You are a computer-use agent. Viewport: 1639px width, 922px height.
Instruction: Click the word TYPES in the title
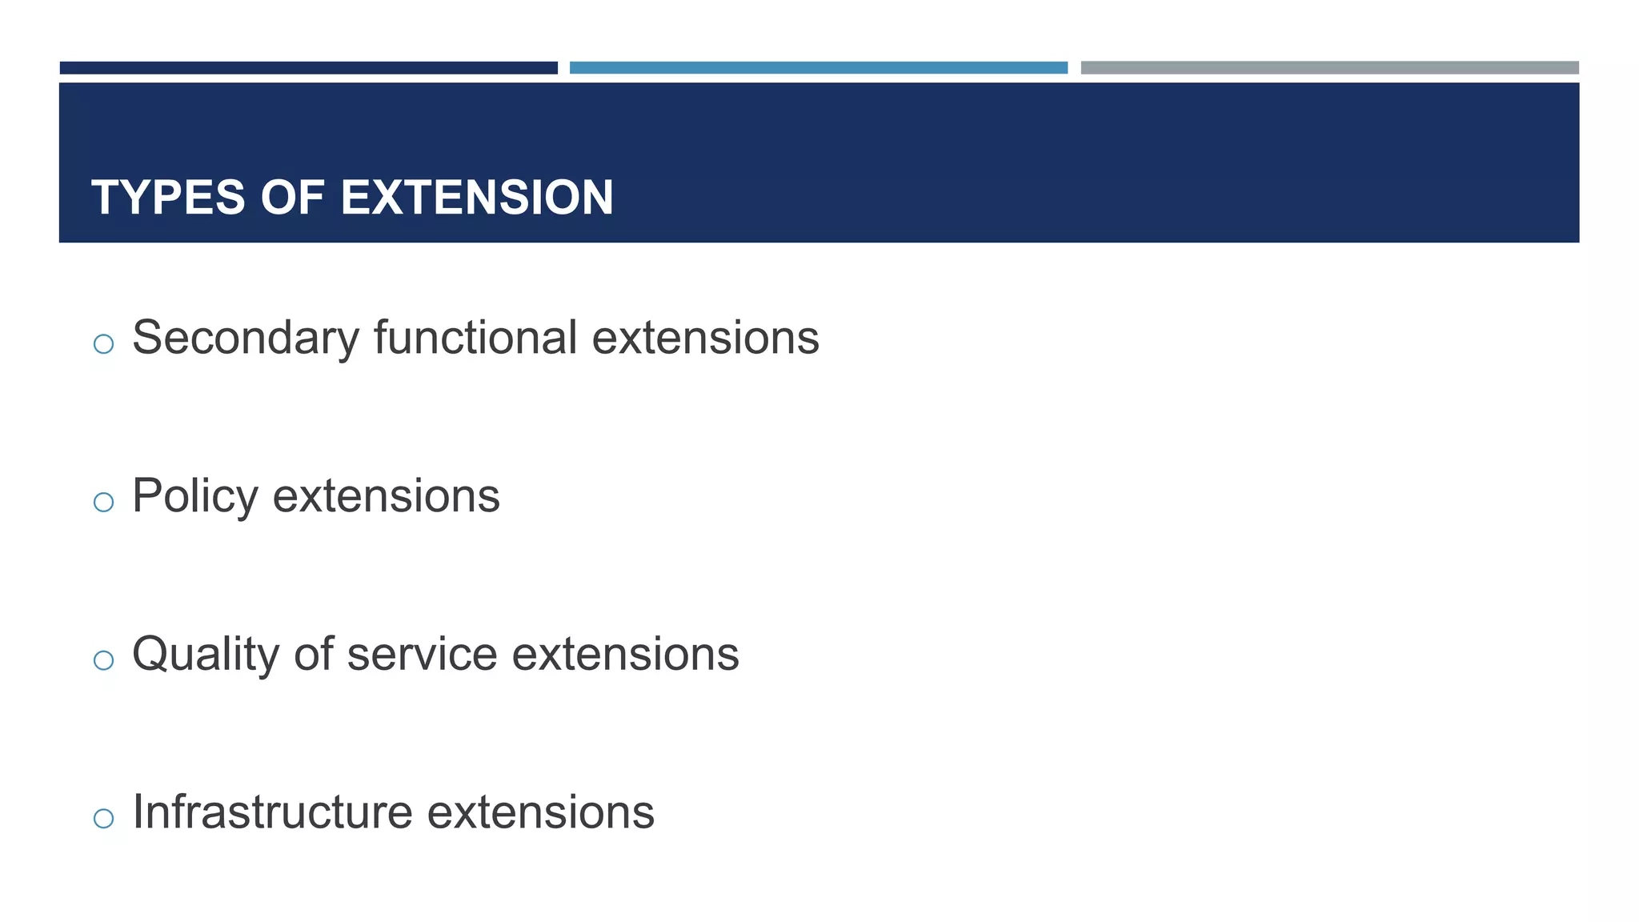coord(168,198)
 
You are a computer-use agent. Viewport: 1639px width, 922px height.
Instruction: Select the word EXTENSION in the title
coord(477,198)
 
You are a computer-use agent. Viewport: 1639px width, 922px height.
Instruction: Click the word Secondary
coord(246,339)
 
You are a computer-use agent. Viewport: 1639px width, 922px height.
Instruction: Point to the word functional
coord(475,337)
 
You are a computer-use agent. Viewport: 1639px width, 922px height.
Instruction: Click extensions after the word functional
coord(706,338)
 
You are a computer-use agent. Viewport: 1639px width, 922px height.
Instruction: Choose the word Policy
coord(195,497)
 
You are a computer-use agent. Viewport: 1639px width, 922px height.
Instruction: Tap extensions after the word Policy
coord(387,496)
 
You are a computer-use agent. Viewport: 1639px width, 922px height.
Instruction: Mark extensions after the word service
coord(626,654)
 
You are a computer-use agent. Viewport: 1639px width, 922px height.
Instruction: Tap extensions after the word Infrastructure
coord(541,812)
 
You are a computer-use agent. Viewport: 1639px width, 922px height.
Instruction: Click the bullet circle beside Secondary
coord(103,344)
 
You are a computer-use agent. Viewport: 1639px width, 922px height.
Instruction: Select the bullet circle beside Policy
coord(103,503)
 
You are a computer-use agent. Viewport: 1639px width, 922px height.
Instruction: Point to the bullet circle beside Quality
coord(103,660)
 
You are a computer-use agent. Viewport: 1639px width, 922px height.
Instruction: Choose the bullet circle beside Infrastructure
coord(103,818)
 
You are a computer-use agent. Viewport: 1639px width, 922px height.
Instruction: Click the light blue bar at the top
coord(819,68)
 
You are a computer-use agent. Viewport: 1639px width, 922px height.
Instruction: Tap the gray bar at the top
coord(1329,68)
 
